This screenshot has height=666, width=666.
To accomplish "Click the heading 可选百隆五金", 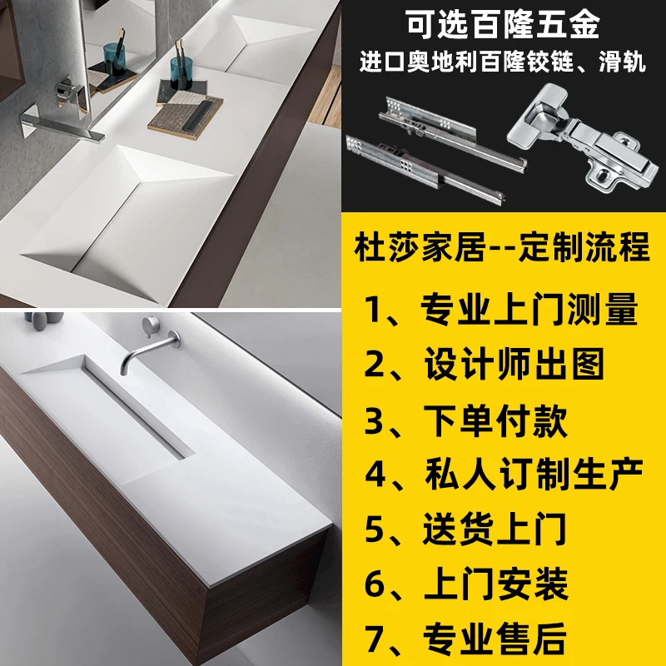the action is point(502,24).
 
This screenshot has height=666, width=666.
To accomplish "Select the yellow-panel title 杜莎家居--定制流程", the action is point(502,247).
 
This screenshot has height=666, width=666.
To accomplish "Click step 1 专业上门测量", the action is point(501,309).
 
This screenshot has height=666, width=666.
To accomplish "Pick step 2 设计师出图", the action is point(485,364).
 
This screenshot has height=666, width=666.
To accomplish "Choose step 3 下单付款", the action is point(466,420).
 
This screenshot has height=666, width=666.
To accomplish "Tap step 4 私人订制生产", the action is point(504,474).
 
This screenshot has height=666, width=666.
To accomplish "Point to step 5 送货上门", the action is point(465,529).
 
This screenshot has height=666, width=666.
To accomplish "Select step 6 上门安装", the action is point(466,584).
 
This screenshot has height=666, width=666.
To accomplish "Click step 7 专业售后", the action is point(465,639).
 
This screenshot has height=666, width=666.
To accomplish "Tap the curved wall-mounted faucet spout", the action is point(150,350).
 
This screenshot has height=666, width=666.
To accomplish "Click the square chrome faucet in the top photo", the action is point(61,123).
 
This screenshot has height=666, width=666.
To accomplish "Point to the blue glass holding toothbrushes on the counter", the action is point(181,72).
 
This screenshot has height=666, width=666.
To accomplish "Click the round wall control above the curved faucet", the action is point(151,325).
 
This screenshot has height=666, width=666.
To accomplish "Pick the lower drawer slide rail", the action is point(425,169).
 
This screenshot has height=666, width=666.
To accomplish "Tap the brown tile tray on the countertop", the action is point(186,117).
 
